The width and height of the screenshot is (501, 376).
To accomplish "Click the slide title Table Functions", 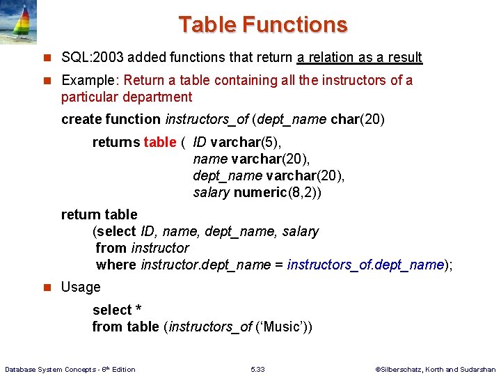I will (262, 25).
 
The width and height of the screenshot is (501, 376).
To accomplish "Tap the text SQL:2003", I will (88, 58).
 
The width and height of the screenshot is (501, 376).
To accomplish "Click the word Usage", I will (81, 287).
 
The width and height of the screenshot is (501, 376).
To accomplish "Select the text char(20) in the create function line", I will (358, 119).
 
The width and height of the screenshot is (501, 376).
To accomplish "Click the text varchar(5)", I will (246, 142).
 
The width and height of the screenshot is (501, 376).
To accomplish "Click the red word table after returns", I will (160, 142).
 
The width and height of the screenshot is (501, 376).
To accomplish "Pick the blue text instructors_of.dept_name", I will (365, 265).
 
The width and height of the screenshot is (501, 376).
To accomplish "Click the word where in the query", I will (116, 265).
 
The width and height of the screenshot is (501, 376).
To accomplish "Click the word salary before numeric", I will (211, 192).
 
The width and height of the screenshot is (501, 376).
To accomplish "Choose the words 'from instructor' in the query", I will (142, 248).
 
